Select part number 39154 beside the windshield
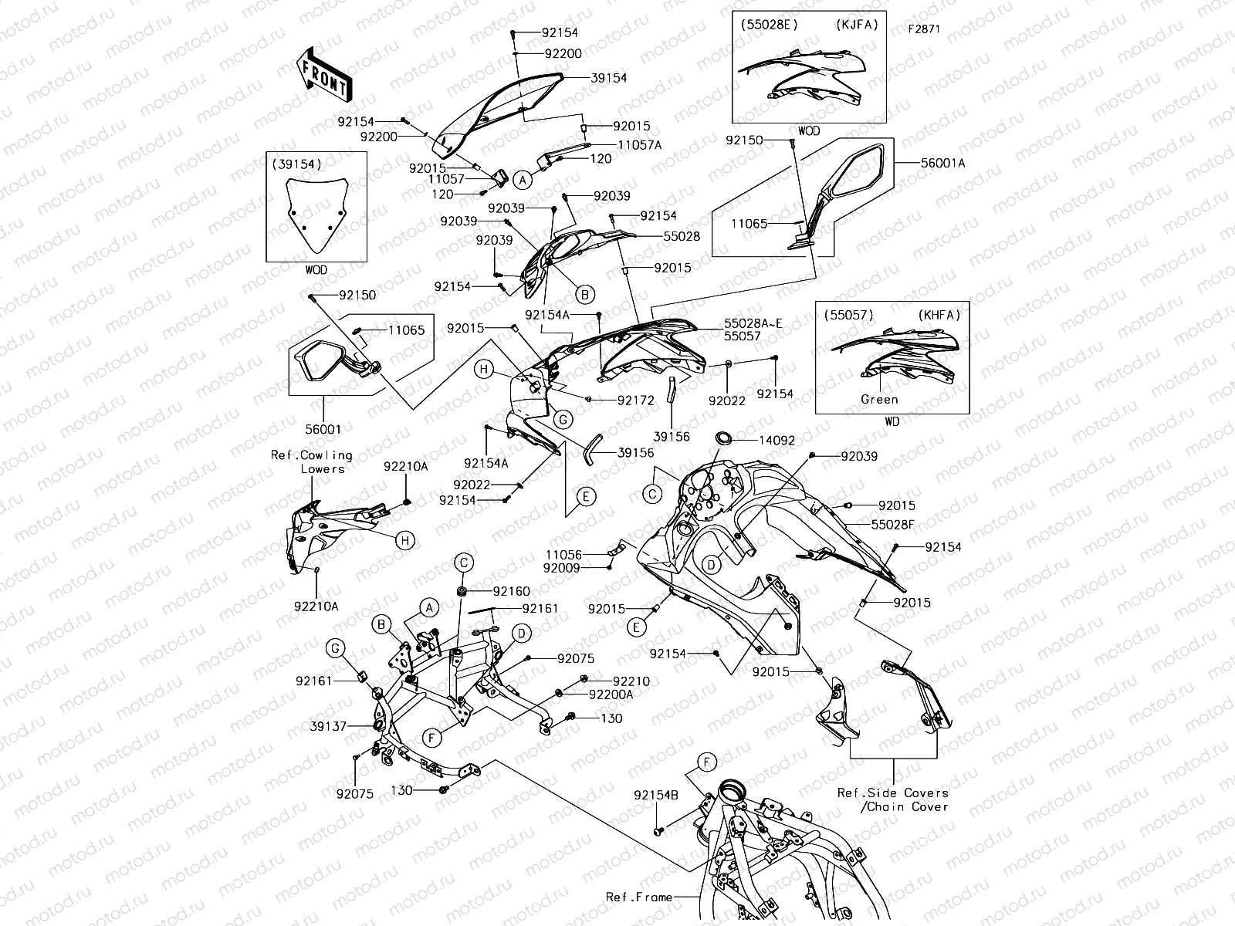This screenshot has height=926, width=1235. point(608,78)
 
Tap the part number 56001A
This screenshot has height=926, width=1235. point(942,163)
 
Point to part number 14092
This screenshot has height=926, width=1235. point(777,441)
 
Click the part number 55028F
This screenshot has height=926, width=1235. point(893,525)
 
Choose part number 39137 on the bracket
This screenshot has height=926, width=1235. point(328,726)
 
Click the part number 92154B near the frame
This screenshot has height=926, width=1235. point(656,795)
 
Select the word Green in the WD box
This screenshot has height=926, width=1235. point(879,400)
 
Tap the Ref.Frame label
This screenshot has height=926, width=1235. point(638,897)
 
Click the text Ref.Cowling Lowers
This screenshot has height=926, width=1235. point(312,461)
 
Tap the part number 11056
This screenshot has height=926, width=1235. point(563,554)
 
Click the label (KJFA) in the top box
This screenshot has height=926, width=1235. point(857,25)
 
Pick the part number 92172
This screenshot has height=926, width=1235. point(635,400)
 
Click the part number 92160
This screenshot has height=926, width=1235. point(511,591)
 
